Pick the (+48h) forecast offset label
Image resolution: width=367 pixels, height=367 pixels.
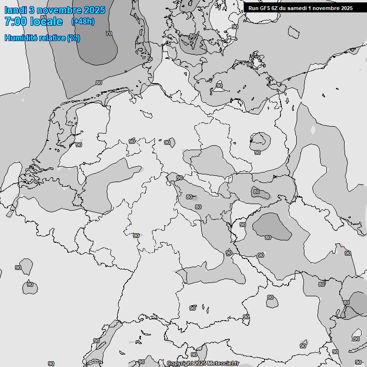(x=83, y=22)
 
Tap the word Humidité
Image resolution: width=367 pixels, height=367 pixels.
(x=20, y=38)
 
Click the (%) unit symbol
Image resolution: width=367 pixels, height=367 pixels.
(x=74, y=38)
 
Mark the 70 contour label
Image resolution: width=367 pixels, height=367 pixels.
(x=109, y=33)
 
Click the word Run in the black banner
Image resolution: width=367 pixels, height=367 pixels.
(x=253, y=8)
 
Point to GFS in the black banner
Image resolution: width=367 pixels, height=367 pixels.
(x=265, y=8)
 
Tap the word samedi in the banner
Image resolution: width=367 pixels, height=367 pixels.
(x=299, y=8)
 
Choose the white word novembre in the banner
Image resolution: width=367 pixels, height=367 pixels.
(x=327, y=8)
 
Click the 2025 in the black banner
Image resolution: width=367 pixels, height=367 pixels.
(x=346, y=8)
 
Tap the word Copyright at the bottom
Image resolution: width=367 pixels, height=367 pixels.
(x=180, y=363)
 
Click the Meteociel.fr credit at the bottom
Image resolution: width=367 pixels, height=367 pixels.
(x=224, y=363)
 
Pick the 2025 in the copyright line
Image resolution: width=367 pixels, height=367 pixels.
(x=200, y=363)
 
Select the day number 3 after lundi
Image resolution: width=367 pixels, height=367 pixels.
(x=31, y=10)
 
